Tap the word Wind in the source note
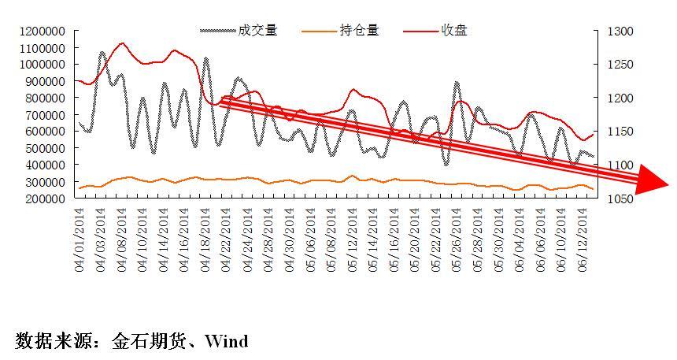pos(226,341)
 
